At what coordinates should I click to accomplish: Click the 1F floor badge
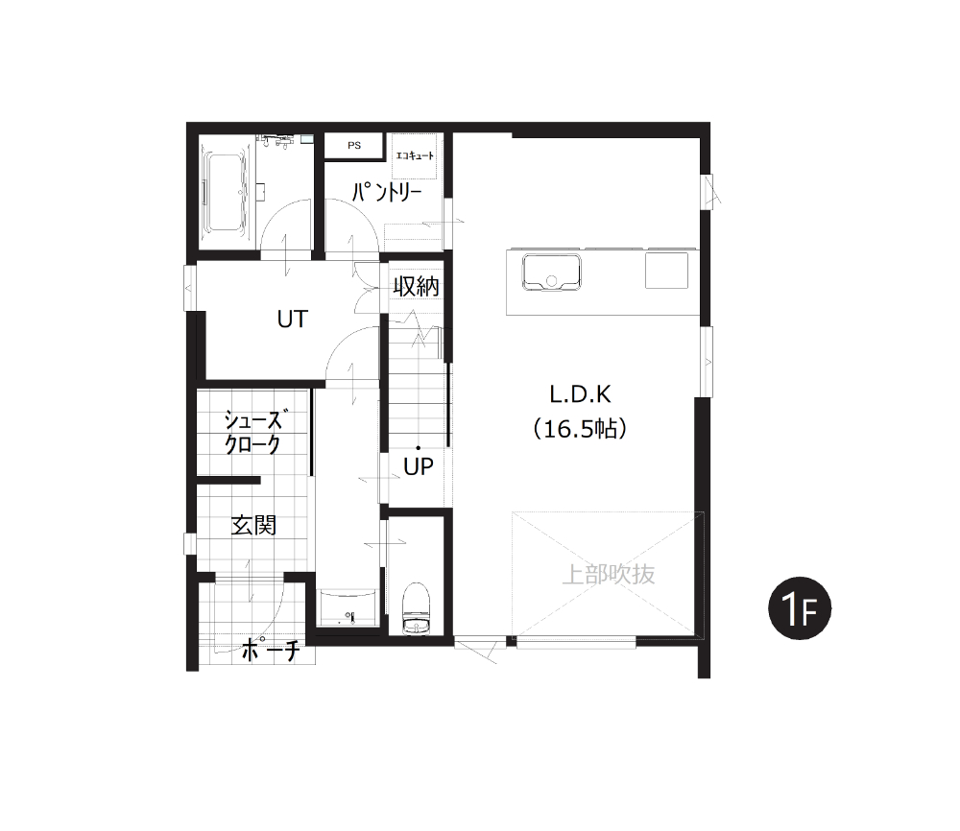coord(800,608)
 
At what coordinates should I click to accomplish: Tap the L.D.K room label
coord(581,394)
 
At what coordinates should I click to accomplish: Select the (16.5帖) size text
coord(581,429)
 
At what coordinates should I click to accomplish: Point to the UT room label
coord(292,319)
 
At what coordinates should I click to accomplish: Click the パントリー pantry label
coord(387,192)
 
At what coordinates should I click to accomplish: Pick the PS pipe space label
coord(354,146)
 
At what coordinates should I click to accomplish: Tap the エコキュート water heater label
coord(415,155)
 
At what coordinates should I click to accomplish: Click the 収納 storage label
coord(417,286)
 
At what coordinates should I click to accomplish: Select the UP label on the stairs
coord(419,467)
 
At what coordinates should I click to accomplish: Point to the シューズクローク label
coord(254,432)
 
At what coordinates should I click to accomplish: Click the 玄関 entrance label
coord(253,525)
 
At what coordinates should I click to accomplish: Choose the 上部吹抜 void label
coord(608,575)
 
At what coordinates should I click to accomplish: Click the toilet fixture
coord(417,609)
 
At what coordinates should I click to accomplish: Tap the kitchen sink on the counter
coord(551,273)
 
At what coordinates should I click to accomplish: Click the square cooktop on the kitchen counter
coord(666,271)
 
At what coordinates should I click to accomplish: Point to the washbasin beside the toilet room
coord(348,607)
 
